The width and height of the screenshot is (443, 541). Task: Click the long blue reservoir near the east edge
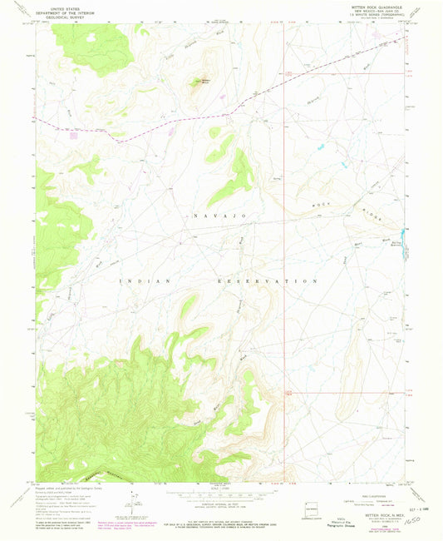point(403,241)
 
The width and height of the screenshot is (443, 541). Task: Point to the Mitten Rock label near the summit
point(202,81)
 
